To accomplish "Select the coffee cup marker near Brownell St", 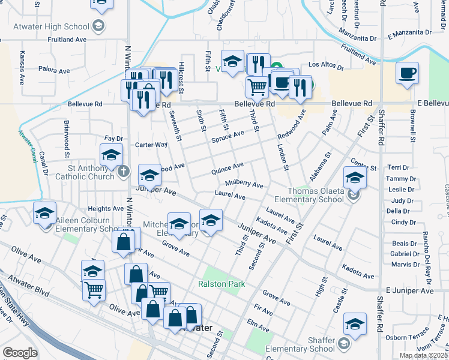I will click(408, 73).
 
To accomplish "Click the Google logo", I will click(19, 353).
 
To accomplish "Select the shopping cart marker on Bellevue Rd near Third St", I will click(257, 87).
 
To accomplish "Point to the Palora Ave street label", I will click(55, 71).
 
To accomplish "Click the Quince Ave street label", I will click(227, 168).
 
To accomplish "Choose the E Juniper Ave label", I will click(410, 290).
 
